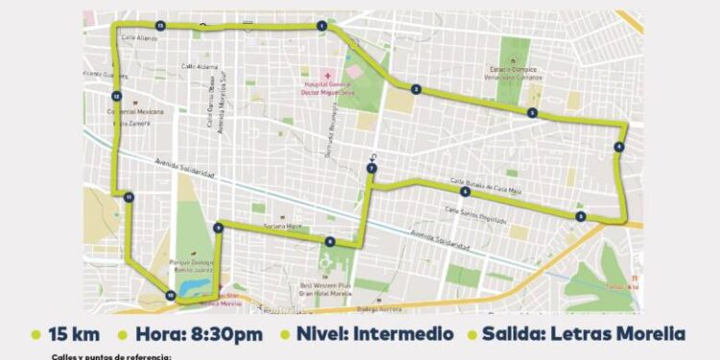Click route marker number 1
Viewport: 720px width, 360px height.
tap(322, 27)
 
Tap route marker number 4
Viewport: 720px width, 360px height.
tap(618, 147)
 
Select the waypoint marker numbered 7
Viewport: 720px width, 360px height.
tap(372, 169)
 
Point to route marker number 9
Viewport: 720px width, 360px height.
tap(219, 228)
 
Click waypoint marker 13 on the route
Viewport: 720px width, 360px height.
tap(160, 25)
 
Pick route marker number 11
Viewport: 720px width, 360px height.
tap(128, 197)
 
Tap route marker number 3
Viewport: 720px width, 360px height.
tap(531, 113)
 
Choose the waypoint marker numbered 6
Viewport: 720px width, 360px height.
tap(464, 192)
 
